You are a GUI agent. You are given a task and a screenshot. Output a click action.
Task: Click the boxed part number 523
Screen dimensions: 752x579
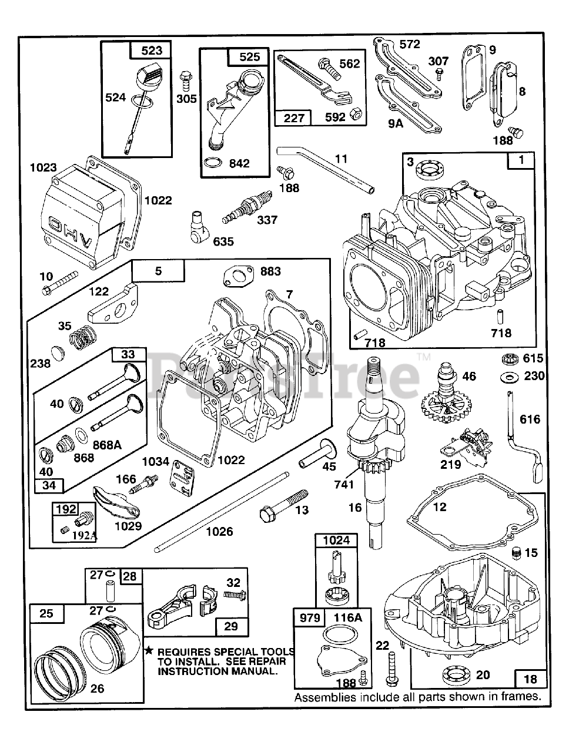pos(152,51)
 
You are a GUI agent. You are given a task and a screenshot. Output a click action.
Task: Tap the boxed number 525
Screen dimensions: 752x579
pos(249,57)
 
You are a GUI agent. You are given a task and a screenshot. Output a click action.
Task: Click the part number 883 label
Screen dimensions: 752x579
pos(270,271)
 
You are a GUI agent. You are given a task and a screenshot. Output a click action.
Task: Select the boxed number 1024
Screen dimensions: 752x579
pos(336,540)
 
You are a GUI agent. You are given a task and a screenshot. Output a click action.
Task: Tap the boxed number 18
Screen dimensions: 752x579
pos(530,679)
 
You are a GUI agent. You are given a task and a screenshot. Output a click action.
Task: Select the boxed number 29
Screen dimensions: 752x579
pos(231,626)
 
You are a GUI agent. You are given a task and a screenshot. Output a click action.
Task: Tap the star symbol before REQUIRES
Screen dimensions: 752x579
pos(149,651)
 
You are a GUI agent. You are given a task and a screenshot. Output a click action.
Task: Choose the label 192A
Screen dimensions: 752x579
pos(85,535)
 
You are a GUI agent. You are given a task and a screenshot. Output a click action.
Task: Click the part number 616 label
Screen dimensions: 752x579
pos(530,419)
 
